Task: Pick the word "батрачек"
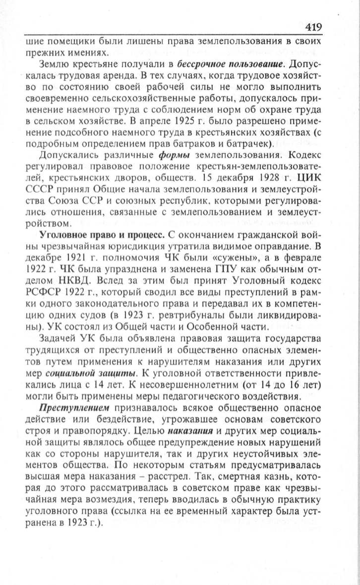click(x=247, y=144)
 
